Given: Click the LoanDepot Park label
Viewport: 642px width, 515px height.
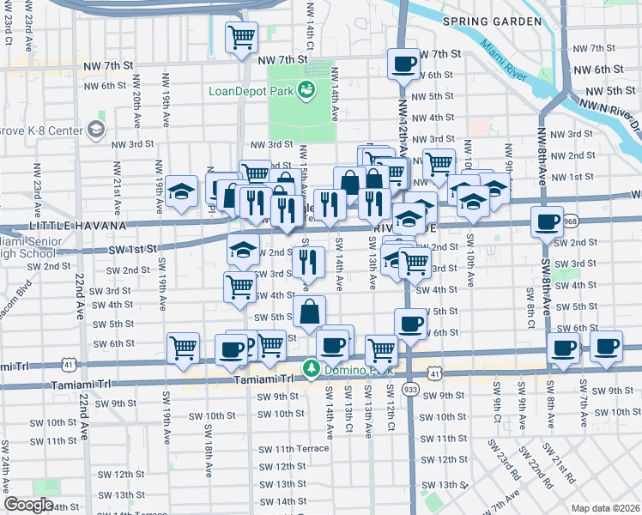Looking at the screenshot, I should point(250,90).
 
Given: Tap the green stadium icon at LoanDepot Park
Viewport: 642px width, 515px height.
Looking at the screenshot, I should point(306,89).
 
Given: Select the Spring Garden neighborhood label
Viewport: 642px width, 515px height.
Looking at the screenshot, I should point(492,21).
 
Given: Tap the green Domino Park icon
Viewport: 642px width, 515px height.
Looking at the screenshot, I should point(309,370).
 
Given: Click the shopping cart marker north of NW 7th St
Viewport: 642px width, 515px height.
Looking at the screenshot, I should point(241,37).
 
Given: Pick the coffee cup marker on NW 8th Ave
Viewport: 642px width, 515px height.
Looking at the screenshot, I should point(547,222).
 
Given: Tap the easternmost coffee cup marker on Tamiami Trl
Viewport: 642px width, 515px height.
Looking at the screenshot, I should point(607,347).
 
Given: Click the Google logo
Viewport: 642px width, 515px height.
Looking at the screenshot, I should point(28,504).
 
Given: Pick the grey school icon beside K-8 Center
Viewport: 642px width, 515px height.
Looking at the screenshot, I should point(96,130).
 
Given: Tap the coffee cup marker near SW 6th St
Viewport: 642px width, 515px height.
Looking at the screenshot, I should point(410,324).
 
